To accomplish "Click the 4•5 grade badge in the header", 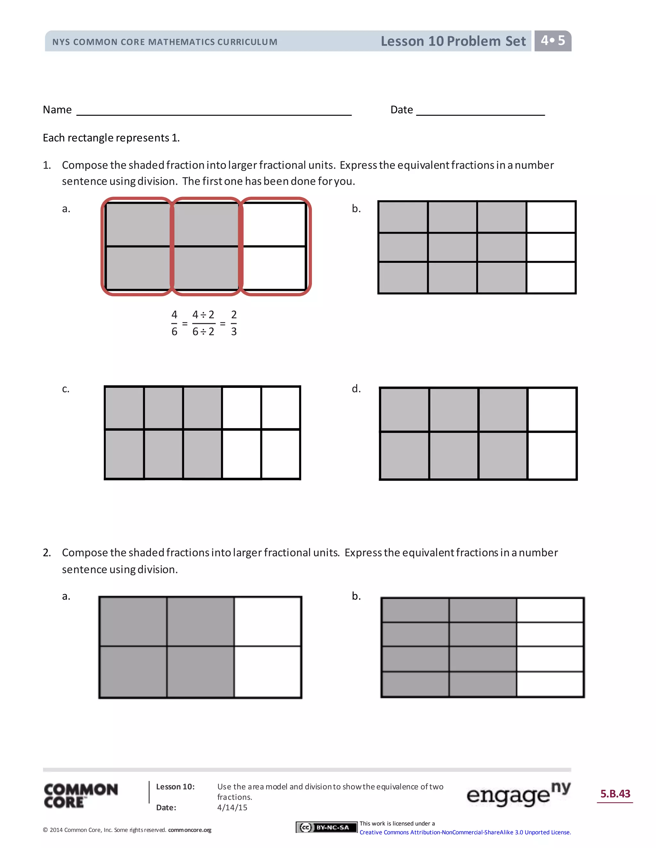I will point(552,40).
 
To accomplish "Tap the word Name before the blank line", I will point(57,110).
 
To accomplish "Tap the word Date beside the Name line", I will point(401,110).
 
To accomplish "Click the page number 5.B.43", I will point(615,793).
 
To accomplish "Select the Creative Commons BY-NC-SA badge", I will point(326,828).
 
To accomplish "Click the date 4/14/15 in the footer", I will point(232,807).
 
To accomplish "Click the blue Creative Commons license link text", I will point(465,832).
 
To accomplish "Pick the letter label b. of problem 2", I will point(356,596).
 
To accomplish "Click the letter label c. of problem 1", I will point(66,389).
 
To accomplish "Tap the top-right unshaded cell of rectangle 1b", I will point(551,217).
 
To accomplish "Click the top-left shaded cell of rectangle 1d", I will point(404,409).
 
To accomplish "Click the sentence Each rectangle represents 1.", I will point(111,138).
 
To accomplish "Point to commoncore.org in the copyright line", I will point(190,830).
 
